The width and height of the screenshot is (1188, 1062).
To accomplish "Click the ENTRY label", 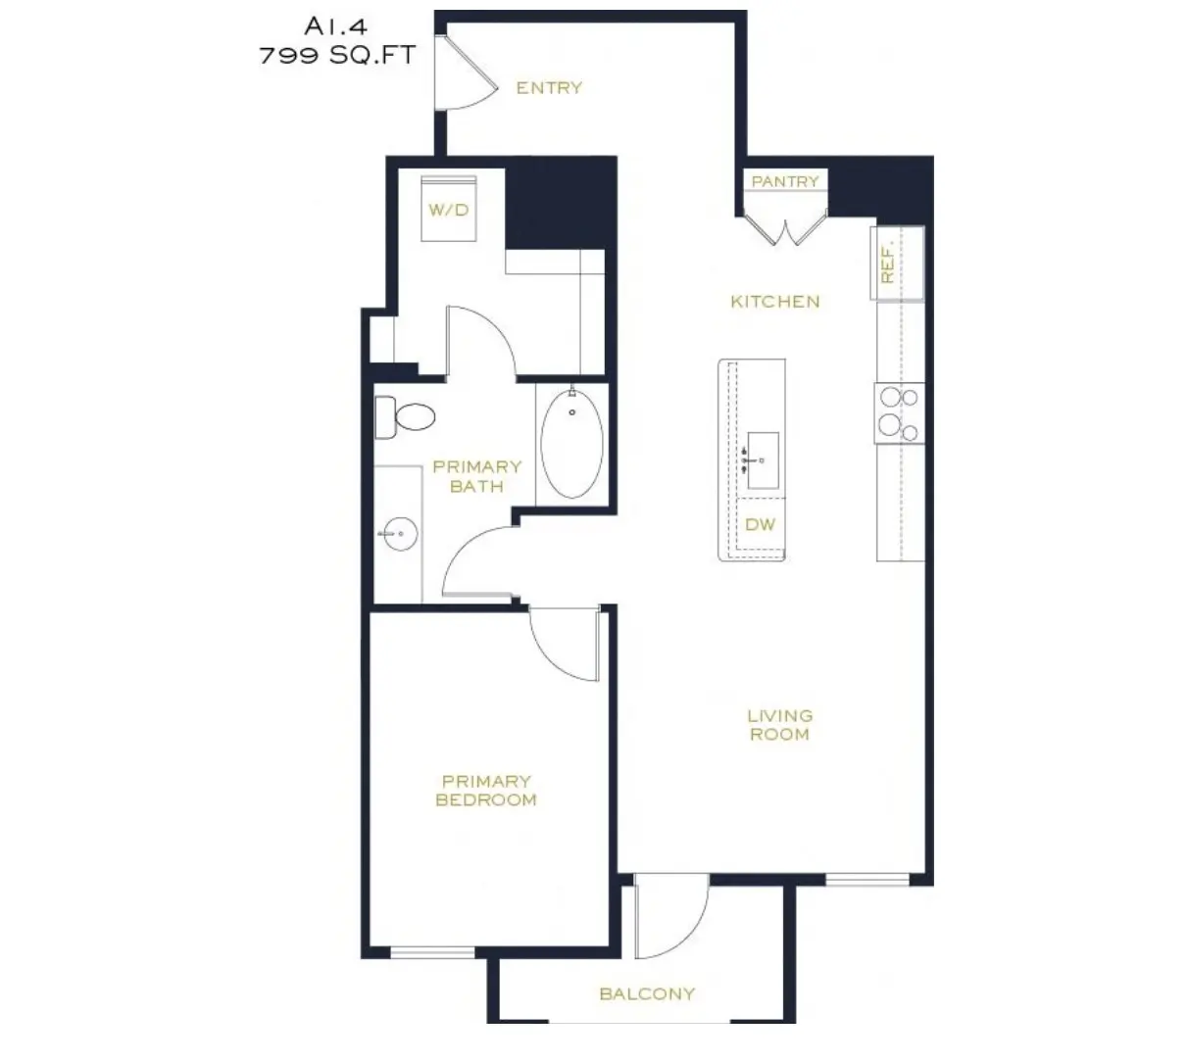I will point(549,88).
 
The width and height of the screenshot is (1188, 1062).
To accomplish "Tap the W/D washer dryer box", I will point(448,209).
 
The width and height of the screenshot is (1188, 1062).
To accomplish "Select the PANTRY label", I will point(785,181).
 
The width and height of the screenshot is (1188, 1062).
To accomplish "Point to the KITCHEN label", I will point(774,302).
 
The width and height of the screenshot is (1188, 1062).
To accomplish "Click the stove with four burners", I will point(899,412).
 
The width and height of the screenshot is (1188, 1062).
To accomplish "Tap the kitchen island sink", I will point(762,459).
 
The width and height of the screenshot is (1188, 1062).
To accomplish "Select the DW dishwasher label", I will point(760,524).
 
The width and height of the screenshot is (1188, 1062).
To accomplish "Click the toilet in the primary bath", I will point(404,417).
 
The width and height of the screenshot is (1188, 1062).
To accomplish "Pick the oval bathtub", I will point(572,444).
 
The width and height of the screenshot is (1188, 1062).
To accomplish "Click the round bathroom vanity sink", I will point(400,534).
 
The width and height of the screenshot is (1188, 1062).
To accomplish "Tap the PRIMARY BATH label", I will point(476,476).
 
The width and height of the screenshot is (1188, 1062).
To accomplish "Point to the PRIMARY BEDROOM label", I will point(486,791).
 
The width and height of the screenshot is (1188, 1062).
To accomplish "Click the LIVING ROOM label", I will point(779,725).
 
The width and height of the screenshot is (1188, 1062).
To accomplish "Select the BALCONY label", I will point(647,993).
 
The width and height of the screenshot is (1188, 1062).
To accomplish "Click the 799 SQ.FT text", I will point(337,55).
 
